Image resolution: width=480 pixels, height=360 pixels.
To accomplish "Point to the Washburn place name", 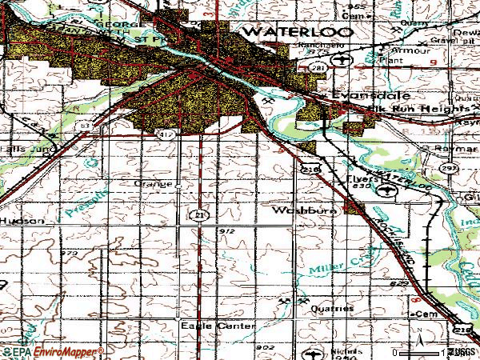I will (298, 211).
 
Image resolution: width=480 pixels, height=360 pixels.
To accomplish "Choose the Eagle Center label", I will (217, 326).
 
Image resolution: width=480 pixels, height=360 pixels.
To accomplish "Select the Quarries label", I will (334, 308).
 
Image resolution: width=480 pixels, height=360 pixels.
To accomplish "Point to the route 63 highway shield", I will (82, 126).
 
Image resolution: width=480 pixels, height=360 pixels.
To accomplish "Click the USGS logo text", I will (463, 352).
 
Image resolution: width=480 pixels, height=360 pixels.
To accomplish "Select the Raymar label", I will (457, 150).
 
